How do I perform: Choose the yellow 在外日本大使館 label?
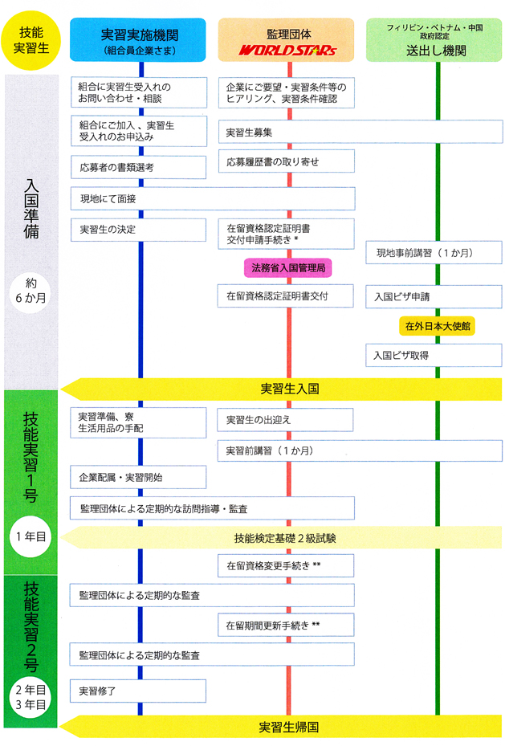pos(437,326)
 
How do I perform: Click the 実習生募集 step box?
pos(360,132)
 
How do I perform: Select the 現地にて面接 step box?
pos(212,198)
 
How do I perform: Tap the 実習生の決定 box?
pos(138,230)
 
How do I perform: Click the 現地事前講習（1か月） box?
pos(434,253)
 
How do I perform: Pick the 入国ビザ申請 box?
pos(434,296)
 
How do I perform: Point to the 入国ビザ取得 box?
pos(434,355)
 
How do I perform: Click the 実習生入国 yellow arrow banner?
pos(289,389)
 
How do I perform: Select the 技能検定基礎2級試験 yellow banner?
pos(289,537)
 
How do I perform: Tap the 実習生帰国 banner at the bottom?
pos(289,727)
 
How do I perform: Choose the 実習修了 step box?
pos(138,691)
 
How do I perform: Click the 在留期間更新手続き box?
pos(285,624)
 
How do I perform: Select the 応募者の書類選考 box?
pos(138,168)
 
